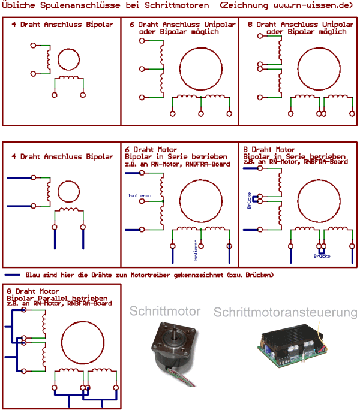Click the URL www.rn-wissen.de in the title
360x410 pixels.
tap(300, 5)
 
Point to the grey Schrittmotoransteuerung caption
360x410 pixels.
tap(286, 313)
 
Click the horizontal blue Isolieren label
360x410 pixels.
tap(139, 195)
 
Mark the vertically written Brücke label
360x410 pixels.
tap(248, 198)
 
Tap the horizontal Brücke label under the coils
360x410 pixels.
tap(322, 256)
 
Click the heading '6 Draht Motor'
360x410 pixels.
tap(151, 150)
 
